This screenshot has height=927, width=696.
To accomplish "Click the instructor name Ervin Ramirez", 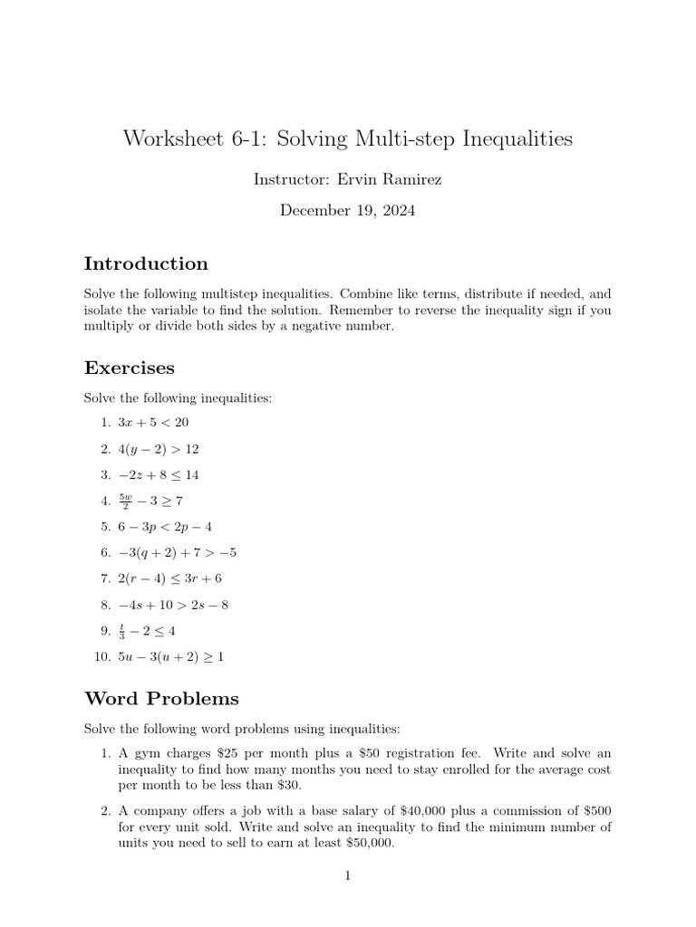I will point(392,180).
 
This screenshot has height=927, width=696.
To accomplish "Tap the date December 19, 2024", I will point(348,210).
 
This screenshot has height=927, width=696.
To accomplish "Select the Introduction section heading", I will point(146,263).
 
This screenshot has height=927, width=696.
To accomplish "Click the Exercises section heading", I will point(130,368).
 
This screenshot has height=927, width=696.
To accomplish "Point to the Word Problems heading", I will point(161,698).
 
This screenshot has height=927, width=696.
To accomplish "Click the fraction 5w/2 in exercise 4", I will point(125,501).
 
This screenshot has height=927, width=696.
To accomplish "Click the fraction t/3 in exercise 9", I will point(121,631).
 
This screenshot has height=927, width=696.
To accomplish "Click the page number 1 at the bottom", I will point(347,876).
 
